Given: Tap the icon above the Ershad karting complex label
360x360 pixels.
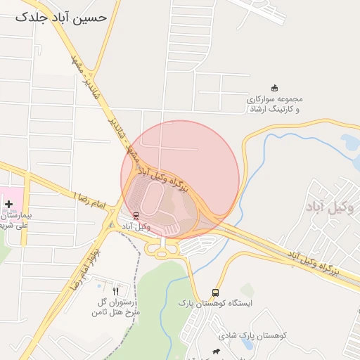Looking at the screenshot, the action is pyautogui.click(x=274, y=88).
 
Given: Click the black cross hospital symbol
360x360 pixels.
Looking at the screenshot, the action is pyautogui.click(x=8, y=205).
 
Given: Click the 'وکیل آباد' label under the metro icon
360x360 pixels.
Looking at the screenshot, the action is pyautogui.click(x=136, y=226).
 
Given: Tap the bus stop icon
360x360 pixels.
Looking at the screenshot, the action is pyautogui.click(x=215, y=292).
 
